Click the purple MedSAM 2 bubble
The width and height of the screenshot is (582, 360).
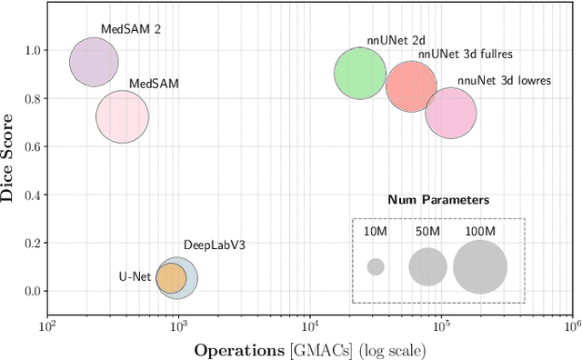point(94,63)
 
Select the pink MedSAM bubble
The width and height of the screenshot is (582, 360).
point(122,117)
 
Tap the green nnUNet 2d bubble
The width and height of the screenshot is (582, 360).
point(362,74)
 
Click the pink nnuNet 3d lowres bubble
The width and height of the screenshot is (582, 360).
point(451,114)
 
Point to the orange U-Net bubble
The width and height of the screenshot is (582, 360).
point(171,277)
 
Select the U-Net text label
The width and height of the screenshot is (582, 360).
point(135,277)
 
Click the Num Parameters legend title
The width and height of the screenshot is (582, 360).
point(438,199)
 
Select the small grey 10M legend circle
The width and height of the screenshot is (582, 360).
point(376,267)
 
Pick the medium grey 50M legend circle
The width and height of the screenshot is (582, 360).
point(427,267)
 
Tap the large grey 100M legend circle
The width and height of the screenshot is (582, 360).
point(479,267)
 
